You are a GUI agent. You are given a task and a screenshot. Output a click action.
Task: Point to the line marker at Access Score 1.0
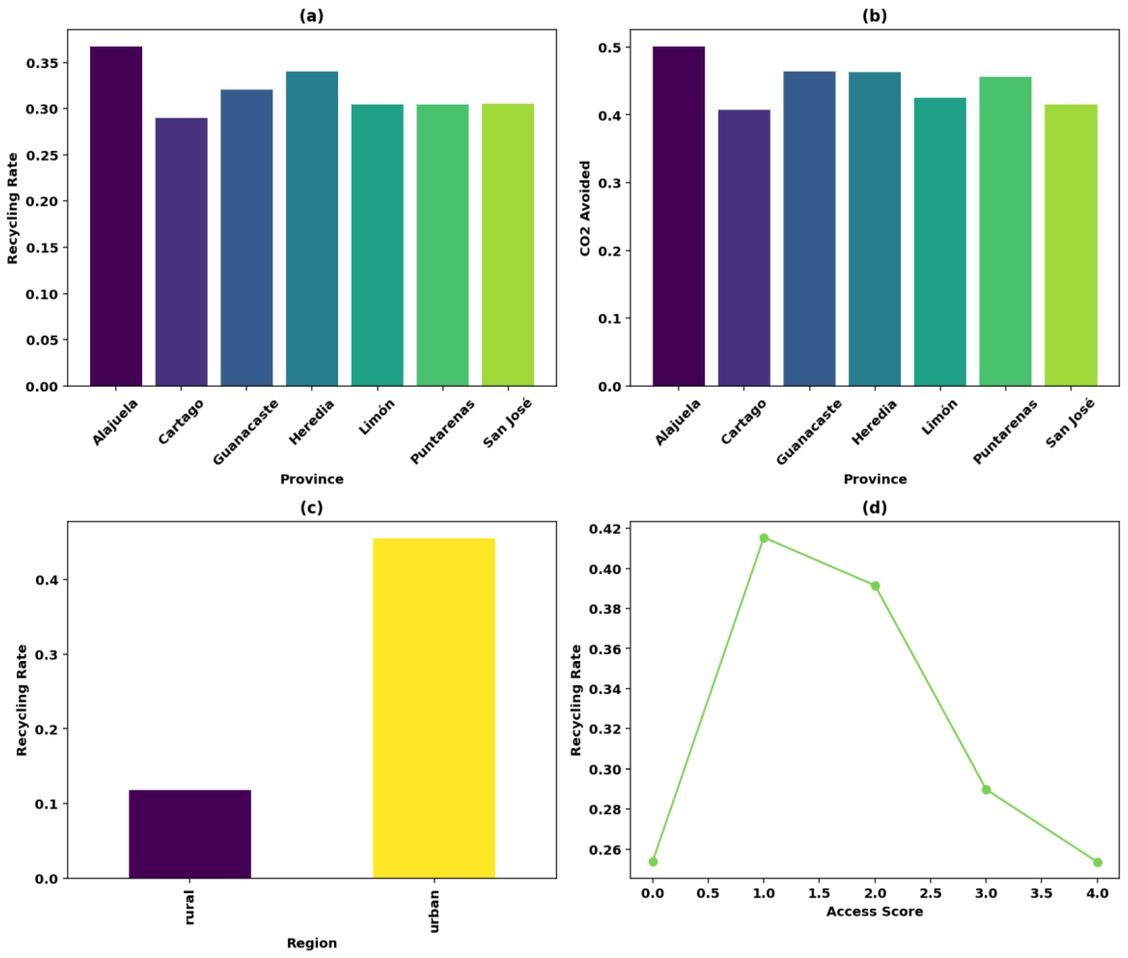coord(763,538)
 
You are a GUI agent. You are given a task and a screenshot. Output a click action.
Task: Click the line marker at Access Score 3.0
coord(986,790)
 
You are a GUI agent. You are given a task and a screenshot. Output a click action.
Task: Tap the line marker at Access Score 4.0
coord(1097,862)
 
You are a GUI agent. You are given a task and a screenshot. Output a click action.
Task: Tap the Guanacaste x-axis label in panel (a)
coord(245,432)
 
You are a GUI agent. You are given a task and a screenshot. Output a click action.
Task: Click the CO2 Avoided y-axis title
coord(584,208)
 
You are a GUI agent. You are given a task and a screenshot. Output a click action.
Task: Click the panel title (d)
coord(874,507)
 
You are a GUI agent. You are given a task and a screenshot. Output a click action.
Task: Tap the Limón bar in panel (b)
coord(939,242)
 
